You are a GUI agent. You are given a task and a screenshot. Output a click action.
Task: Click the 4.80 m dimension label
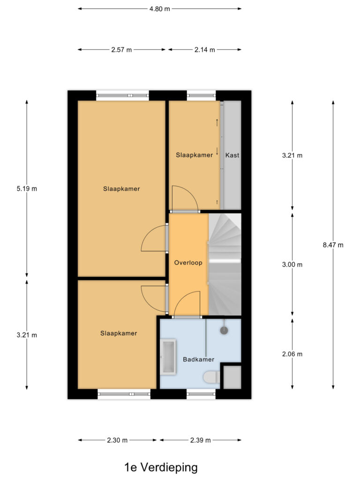160,8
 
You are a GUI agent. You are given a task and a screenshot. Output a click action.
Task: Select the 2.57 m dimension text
122,50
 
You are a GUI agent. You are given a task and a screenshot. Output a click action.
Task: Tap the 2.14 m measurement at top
205,50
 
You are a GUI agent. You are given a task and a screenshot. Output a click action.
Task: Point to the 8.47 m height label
333,245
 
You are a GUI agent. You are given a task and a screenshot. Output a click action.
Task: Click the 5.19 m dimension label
27,189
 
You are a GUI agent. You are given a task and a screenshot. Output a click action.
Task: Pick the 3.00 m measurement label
292,264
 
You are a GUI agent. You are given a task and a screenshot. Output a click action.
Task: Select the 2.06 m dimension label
292,354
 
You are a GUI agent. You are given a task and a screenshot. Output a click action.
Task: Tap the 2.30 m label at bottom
117,440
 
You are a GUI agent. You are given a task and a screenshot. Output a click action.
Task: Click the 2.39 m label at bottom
201,440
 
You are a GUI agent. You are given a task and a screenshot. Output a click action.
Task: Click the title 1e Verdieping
161,467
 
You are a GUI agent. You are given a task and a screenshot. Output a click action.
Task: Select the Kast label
232,155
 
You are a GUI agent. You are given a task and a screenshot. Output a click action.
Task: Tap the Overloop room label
188,263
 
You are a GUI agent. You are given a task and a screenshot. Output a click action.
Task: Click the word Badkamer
198,360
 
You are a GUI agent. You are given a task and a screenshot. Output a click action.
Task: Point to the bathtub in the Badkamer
169,357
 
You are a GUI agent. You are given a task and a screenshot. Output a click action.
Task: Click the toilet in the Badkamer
210,376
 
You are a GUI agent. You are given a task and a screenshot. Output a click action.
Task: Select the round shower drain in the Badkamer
225,330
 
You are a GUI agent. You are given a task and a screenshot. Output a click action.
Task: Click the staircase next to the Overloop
225,264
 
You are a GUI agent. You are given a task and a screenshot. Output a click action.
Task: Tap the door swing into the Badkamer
187,305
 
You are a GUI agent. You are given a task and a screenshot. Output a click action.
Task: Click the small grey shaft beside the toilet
232,377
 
